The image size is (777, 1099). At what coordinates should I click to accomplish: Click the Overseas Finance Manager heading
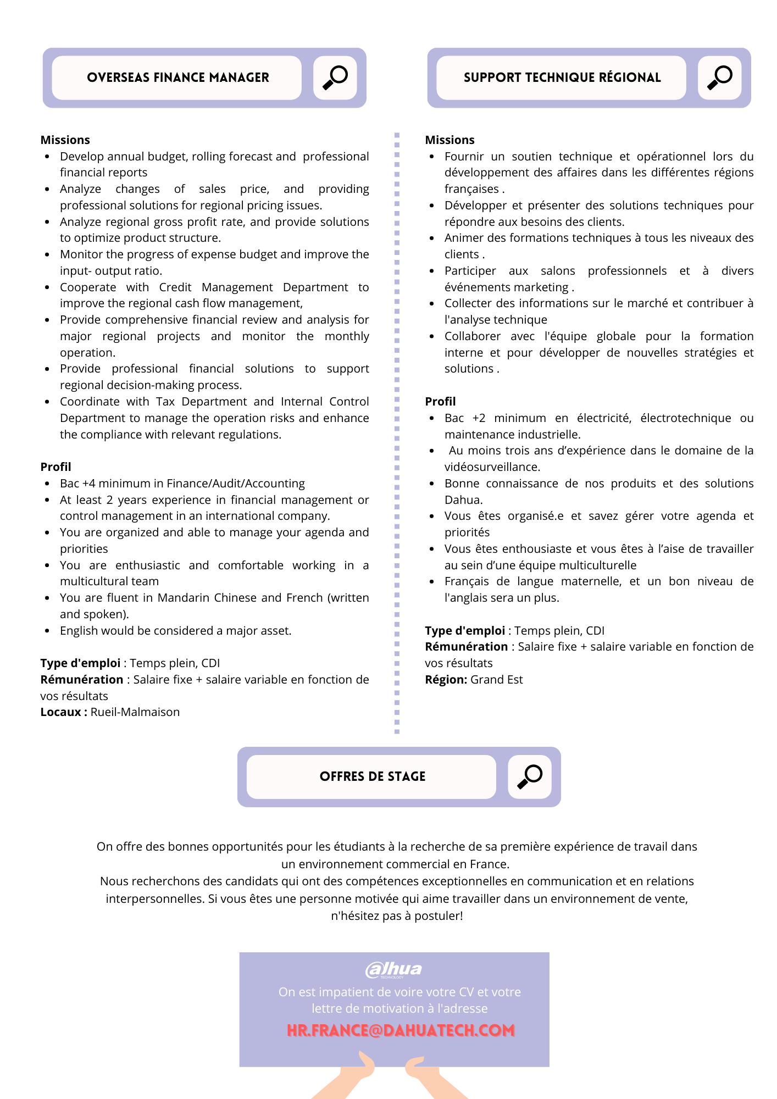pyautogui.click(x=177, y=77)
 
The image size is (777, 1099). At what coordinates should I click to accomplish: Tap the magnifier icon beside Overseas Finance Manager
pyautogui.click(x=335, y=77)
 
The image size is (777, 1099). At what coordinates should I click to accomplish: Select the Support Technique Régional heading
pyautogui.click(x=562, y=77)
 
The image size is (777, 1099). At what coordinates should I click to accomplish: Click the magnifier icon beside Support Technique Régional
pyautogui.click(x=719, y=77)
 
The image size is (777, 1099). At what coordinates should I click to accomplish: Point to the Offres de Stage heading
pyautogui.click(x=372, y=776)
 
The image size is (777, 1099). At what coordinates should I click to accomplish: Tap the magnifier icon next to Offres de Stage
pyautogui.click(x=529, y=776)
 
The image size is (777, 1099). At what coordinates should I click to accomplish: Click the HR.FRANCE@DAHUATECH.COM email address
pyautogui.click(x=401, y=1030)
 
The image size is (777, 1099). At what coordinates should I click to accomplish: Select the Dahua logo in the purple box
pyautogui.click(x=393, y=969)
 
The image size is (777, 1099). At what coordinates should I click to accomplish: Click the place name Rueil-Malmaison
pyautogui.click(x=135, y=712)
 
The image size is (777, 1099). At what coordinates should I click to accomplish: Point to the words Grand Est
pyautogui.click(x=496, y=680)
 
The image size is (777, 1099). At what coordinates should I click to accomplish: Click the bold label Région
pyautogui.click(x=446, y=680)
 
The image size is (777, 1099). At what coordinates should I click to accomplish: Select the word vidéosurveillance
pyautogui.click(x=491, y=467)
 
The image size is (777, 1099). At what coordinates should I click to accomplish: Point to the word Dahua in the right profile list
pyautogui.click(x=463, y=500)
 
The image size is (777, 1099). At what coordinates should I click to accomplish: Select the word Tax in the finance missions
pyautogui.click(x=165, y=402)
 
